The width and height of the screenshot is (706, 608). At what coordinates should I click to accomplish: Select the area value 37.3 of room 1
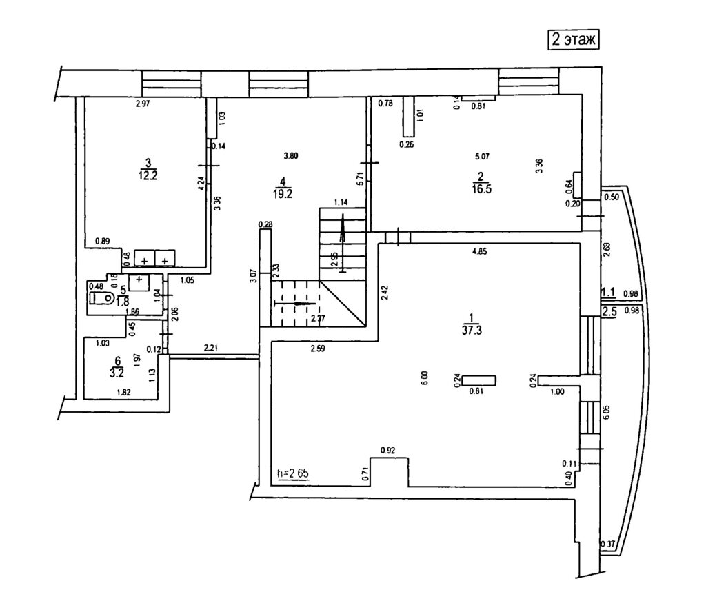[x=472, y=329]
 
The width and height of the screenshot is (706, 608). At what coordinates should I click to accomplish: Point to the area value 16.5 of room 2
[x=481, y=187]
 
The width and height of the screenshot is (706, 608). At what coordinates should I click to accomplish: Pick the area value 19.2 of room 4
[x=283, y=194]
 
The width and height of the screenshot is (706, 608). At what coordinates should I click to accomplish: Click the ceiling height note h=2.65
[x=292, y=473]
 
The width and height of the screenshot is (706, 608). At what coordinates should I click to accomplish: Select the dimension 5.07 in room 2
[x=482, y=156]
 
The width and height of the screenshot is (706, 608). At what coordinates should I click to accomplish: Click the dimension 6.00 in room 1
[x=425, y=378]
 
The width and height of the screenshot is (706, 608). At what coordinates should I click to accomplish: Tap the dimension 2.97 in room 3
[x=143, y=104]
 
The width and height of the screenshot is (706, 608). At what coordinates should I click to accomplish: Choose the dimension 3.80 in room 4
[x=290, y=156]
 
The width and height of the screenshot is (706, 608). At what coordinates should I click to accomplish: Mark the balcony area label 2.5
[x=609, y=312]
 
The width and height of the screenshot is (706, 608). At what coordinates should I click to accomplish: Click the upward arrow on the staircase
[x=343, y=244]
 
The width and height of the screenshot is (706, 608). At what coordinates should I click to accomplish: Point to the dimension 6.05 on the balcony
[x=606, y=413]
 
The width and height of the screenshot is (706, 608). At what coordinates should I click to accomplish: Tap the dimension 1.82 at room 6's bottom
[x=125, y=392]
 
